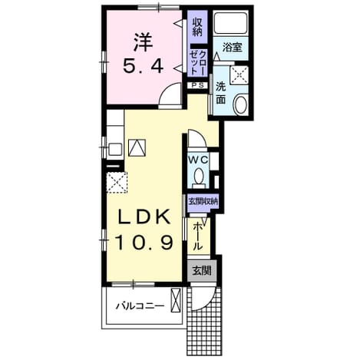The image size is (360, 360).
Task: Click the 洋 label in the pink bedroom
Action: click(144, 43)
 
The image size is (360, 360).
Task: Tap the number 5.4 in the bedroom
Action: click(144, 66)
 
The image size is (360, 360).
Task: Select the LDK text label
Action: click(144, 216)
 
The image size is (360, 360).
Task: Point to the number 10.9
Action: click(144, 243)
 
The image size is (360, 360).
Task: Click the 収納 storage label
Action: click(197, 27)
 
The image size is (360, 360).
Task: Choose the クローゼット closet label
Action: click(198, 62)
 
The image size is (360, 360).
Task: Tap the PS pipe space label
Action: click(198, 85)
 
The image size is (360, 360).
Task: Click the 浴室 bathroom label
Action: click(232, 48)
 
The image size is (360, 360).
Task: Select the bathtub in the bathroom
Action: click(230, 23)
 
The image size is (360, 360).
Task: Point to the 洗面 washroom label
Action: click(220, 93)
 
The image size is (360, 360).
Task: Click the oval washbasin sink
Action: click(241, 104)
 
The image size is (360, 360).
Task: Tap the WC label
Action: click(198, 160)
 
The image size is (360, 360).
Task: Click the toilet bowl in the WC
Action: click(198, 177)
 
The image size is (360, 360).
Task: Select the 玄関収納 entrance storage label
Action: click(203, 201)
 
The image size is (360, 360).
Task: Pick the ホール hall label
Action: click(197, 236)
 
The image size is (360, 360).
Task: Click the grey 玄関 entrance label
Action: click(202, 270)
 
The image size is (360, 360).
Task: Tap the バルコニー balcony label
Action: click(140, 306)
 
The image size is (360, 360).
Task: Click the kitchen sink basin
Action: click(115, 150)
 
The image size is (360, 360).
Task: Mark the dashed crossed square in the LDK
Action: click(117, 183)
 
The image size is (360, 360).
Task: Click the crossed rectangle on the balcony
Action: click(176, 300)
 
